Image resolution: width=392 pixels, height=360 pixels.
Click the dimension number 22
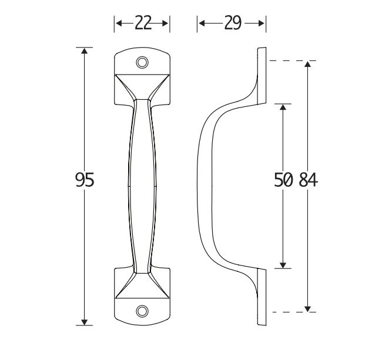point(143,23)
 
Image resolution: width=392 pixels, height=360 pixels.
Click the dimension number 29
point(232,23)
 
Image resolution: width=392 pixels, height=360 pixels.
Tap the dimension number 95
point(85,180)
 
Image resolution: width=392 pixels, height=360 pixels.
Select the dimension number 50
point(283,180)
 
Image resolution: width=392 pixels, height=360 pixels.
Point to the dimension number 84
point(308,180)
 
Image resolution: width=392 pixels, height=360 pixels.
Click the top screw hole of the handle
point(142,62)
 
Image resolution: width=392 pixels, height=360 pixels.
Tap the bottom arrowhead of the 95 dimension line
point(85,320)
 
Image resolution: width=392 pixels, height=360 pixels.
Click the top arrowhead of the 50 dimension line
point(283,109)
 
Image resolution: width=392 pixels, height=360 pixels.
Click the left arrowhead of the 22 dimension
point(117,23)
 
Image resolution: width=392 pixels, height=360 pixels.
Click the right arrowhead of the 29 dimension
point(263,23)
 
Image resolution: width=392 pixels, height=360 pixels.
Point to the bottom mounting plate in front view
point(142,294)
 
